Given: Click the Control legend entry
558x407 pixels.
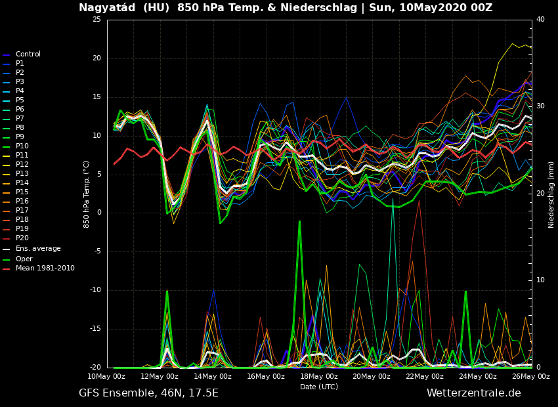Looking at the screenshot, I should click(28, 54).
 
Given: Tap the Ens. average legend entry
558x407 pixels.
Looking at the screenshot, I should click(38, 249).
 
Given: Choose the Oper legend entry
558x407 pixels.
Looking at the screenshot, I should click(24, 259).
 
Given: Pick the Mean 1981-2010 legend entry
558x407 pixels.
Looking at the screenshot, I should click(45, 268).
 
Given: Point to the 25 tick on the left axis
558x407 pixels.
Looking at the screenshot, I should click(97, 20).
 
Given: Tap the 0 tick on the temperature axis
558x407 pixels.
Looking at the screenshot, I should click(98, 213).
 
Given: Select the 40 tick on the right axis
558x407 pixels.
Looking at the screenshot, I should click(540, 20).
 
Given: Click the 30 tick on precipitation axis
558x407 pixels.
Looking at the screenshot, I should click(540, 106).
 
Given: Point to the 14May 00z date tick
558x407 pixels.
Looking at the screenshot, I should click(213, 376).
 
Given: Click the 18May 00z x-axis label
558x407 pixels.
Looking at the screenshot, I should click(319, 376).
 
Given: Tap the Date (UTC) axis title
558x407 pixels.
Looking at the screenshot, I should click(319, 387).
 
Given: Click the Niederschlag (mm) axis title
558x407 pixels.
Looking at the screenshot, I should click(551, 194).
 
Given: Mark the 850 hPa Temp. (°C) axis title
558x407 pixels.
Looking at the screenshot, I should click(87, 194).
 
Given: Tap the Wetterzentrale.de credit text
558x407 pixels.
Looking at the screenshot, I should click(473, 393).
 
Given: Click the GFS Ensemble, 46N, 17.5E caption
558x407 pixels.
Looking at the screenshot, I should click(148, 393).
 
